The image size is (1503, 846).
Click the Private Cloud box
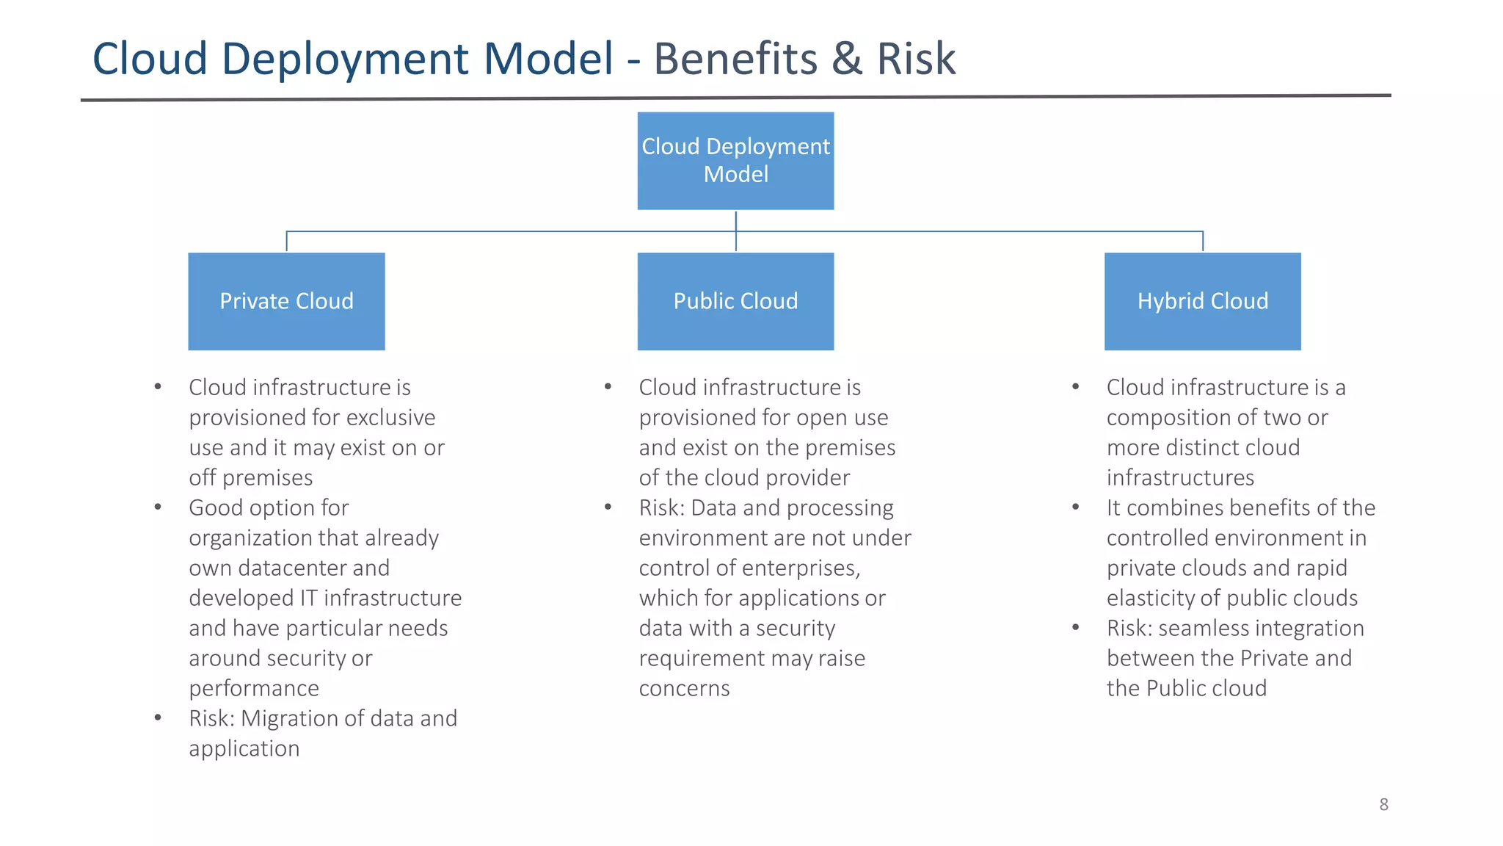pos(286,301)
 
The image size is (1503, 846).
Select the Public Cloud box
pos(735,301)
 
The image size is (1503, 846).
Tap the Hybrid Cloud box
pos(1202,301)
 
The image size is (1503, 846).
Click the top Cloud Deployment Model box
pos(735,160)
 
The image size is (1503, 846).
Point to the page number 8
pos(1383,804)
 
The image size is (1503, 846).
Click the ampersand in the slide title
pos(847,59)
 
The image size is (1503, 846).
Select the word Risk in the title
pos(916,59)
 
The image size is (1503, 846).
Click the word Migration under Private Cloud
pos(293,718)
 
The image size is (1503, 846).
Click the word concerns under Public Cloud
pos(684,688)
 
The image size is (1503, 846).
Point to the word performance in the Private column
pos(254,688)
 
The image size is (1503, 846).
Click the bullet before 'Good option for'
pos(158,507)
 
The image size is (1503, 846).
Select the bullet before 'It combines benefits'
pos(1075,507)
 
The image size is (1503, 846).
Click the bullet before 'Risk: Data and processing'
pos(608,507)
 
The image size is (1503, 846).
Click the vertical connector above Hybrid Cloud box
pos(1202,242)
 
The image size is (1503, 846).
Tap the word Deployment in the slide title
pos(345,59)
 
